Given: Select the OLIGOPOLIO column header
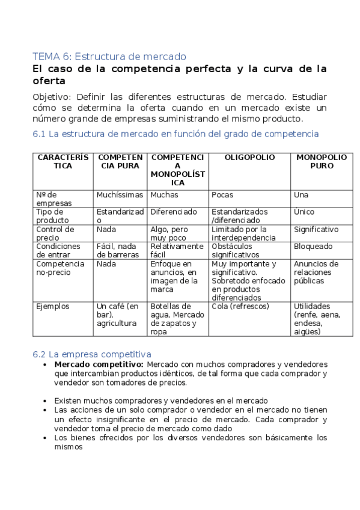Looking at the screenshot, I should click(x=249, y=158).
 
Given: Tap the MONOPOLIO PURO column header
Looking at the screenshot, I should click(x=322, y=162).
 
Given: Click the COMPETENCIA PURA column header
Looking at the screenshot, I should click(x=119, y=162).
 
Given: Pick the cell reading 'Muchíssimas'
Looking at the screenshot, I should click(x=120, y=195).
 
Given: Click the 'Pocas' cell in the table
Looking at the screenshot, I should click(x=223, y=195).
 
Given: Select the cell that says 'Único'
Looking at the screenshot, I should click(x=304, y=212).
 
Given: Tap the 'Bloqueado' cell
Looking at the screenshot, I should click(x=313, y=247).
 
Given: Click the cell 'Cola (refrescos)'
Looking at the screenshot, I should click(x=240, y=306).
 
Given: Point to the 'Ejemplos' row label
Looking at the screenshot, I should click(x=53, y=306).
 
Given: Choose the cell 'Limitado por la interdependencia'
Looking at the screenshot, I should click(x=248, y=233).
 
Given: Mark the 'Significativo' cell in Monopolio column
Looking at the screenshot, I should click(x=316, y=229).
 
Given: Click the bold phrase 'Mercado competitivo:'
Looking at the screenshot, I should click(x=99, y=364).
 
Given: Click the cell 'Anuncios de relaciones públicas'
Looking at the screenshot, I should click(x=317, y=272).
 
